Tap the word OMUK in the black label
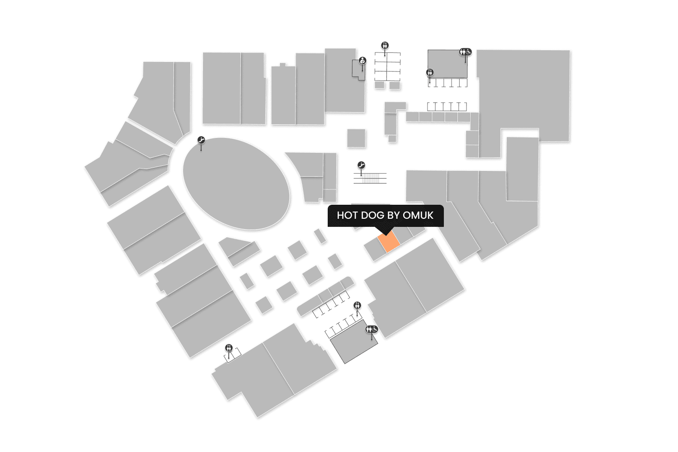pyautogui.click(x=418, y=215)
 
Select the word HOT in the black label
pyautogui.click(x=347, y=215)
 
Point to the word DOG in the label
pyautogui.click(x=372, y=215)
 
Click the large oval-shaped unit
pyautogui.click(x=236, y=184)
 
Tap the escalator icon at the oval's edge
pyautogui.click(x=202, y=141)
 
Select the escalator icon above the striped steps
pyautogui.click(x=361, y=165)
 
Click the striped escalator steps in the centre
pyautogui.click(x=371, y=178)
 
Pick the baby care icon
pyautogui.click(x=363, y=61)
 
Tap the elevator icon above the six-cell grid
pyautogui.click(x=385, y=45)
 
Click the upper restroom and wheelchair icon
pyautogui.click(x=466, y=52)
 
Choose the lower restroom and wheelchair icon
pyautogui.click(x=372, y=329)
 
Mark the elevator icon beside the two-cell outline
pyautogui.click(x=229, y=348)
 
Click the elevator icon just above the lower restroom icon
pyautogui.click(x=358, y=306)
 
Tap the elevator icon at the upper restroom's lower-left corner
pyautogui.click(x=429, y=72)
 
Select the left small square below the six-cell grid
pyautogui.click(x=380, y=85)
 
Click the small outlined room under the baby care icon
pyautogui.click(x=358, y=70)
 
